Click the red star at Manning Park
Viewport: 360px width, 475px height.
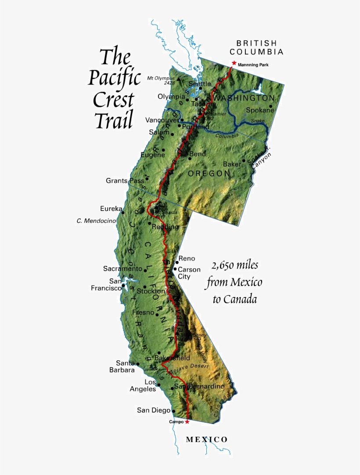point(234,63)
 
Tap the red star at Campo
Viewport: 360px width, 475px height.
point(187,421)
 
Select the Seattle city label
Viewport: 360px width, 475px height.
point(200,83)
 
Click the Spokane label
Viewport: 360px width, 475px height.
point(260,110)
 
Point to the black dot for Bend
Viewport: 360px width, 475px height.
point(189,159)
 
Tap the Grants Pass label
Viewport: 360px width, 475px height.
point(122,181)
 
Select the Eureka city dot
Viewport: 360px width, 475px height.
point(123,213)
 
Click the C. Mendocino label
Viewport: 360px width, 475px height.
point(96,221)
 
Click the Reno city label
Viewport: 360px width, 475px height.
point(187,259)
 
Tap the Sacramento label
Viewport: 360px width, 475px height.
point(123,268)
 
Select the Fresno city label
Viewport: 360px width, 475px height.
point(143,313)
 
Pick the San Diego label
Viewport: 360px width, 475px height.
point(153,410)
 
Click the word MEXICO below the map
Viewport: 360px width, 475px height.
point(207,439)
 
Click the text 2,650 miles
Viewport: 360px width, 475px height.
point(234,265)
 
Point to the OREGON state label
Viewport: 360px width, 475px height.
point(209,174)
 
